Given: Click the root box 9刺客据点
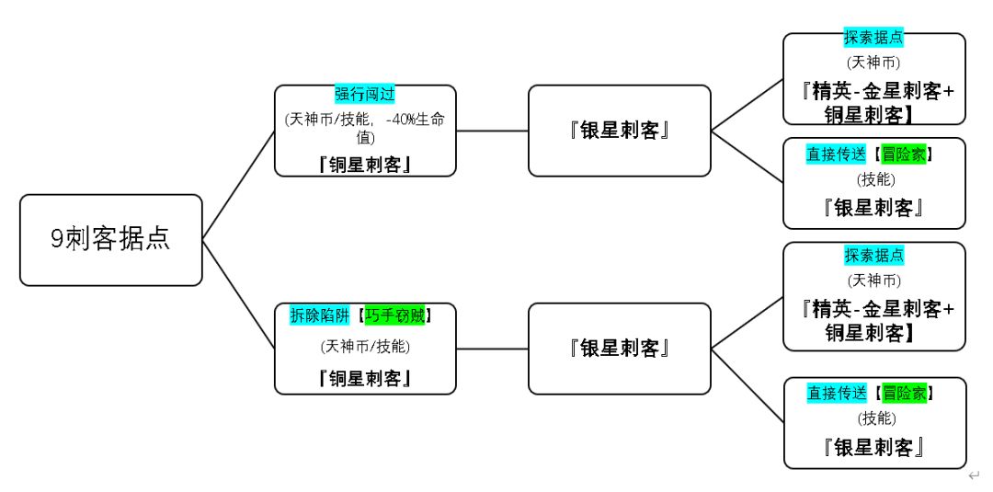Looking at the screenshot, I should click(110, 239).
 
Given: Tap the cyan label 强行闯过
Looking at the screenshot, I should click(365, 95).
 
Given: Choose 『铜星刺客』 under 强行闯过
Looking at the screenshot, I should click(365, 164).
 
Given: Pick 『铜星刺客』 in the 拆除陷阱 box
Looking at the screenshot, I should click(365, 378).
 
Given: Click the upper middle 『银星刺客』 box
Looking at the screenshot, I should click(619, 130).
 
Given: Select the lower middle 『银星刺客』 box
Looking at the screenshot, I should click(619, 348).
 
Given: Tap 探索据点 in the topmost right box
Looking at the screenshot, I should click(873, 39).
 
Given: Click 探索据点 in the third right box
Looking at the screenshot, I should click(873, 255).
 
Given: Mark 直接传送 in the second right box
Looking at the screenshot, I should click(837, 154).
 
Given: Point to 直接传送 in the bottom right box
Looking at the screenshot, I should click(837, 394).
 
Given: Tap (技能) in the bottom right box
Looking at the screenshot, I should click(873, 418).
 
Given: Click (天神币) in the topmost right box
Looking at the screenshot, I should click(873, 63).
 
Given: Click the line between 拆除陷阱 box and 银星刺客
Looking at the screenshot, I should click(492, 349).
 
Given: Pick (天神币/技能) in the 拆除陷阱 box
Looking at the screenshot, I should click(365, 347).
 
